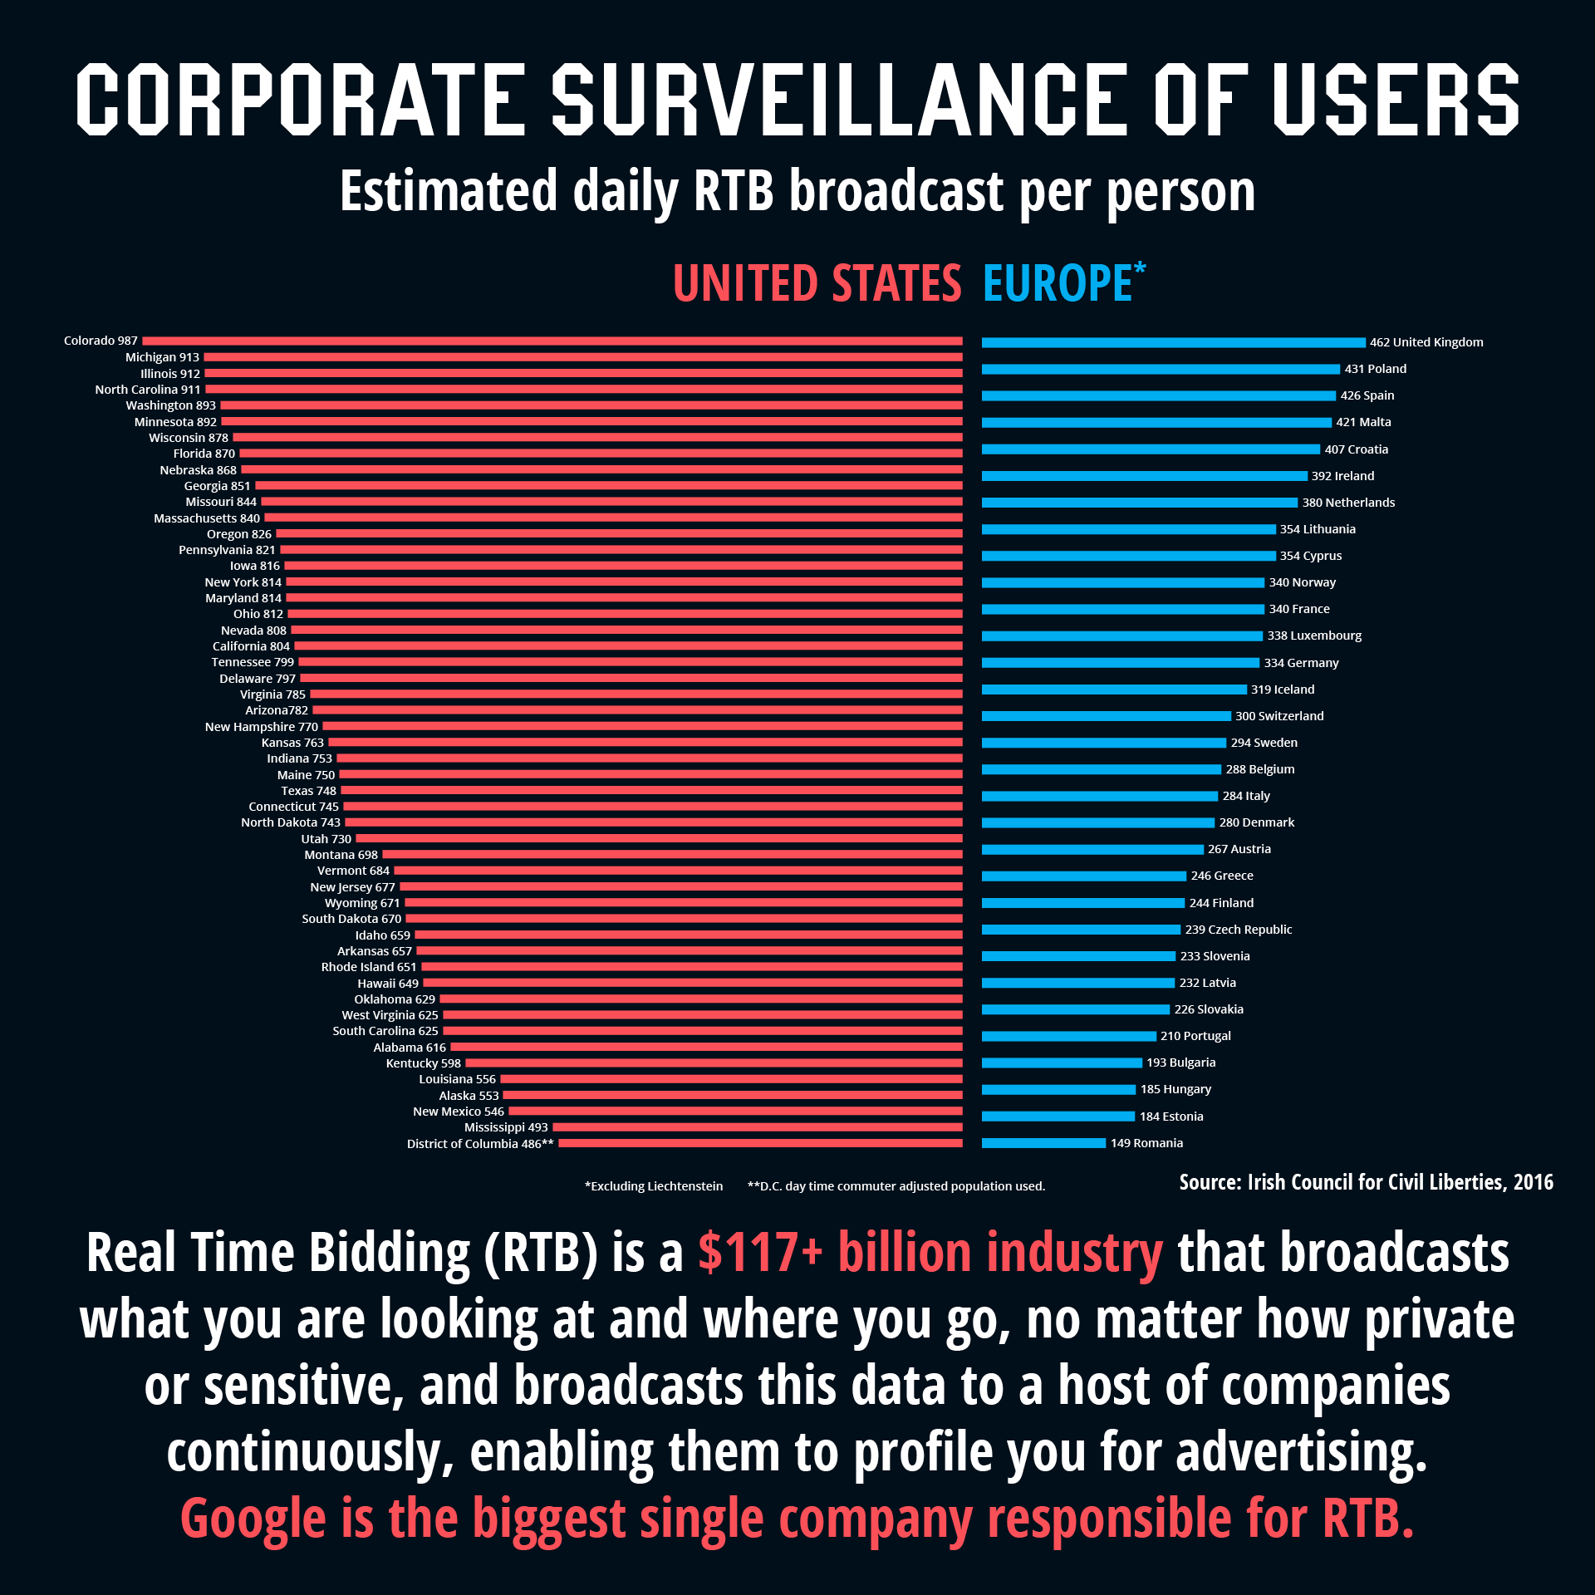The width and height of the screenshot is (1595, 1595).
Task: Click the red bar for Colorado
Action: point(552,341)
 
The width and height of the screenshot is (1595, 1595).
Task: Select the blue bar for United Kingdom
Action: point(1173,342)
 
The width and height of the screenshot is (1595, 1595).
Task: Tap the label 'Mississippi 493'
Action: point(506,1127)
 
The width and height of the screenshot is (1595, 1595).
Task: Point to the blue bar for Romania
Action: point(1043,1143)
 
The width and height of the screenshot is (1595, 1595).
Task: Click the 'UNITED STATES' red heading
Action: point(817,284)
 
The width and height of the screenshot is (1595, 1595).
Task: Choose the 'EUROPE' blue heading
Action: point(1057,284)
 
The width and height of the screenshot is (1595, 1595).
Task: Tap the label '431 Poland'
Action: point(1375,369)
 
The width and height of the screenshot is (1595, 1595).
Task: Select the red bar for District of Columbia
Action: point(760,1143)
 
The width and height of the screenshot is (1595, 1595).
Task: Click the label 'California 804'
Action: point(251,646)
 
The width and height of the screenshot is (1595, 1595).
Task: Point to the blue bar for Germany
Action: point(1120,663)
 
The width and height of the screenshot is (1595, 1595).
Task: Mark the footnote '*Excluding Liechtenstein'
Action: point(654,1186)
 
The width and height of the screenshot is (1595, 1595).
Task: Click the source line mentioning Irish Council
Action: point(1366,1182)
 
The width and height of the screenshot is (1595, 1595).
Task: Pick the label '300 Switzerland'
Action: point(1279,716)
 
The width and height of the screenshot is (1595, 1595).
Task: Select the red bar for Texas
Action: point(651,791)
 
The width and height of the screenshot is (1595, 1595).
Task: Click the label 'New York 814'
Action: point(243,582)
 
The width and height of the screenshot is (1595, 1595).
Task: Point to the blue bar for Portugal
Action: point(1068,1036)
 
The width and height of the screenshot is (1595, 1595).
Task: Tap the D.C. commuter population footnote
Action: point(896,1186)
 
